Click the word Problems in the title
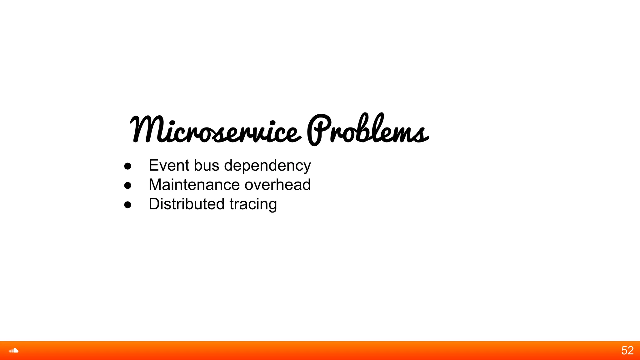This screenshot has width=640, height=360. (x=367, y=130)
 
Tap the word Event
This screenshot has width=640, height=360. (x=169, y=165)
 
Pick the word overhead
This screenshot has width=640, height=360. (x=277, y=185)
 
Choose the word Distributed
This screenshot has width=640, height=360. (x=187, y=204)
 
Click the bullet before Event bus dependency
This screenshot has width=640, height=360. (x=127, y=166)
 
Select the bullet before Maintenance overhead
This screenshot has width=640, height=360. (x=127, y=186)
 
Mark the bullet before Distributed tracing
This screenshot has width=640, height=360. (x=127, y=205)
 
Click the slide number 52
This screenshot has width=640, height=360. (x=627, y=351)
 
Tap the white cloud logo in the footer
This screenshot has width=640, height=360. (x=13, y=351)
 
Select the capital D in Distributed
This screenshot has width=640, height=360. (x=155, y=204)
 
